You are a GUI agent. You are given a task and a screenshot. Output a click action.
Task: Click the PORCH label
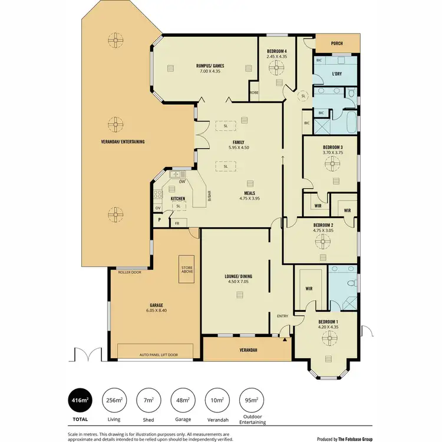pos(338,43)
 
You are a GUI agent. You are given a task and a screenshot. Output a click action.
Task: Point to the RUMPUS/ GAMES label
pos(210,65)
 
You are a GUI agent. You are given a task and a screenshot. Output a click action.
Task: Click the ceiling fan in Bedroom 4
pos(276,68)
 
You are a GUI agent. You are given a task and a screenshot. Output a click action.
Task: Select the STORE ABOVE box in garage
pos(187,270)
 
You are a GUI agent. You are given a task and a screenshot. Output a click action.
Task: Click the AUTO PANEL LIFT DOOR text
pos(158,355)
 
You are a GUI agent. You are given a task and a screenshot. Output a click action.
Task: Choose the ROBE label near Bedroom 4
pos(253,93)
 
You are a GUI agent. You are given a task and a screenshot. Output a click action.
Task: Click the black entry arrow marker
pos(285,339)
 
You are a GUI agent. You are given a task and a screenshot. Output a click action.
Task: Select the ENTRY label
pos(282,316)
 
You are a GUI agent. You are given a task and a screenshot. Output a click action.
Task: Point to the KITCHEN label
pos(178,199)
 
